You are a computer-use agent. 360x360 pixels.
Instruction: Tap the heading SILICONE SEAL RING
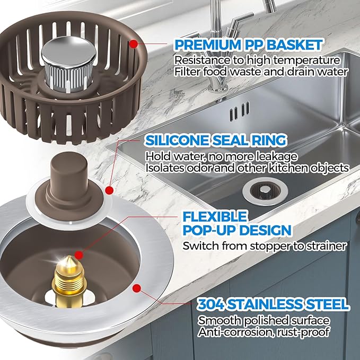coord(216,141)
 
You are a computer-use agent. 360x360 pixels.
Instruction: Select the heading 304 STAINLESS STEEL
coord(273,304)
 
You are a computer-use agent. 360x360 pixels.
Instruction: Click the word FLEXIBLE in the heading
coord(207,216)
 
